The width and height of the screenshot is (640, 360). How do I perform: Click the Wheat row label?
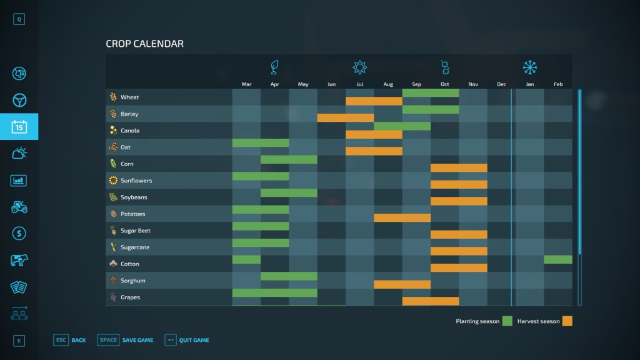(129, 97)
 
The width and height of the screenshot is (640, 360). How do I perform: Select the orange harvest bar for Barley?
(346, 117)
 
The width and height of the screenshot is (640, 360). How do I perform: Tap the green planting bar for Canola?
(402, 126)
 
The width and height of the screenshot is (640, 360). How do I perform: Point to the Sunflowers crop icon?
(113, 181)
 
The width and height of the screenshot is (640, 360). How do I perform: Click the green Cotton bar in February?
(558, 259)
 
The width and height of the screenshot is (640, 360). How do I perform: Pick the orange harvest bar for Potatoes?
(402, 218)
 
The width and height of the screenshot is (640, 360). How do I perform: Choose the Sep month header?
(416, 84)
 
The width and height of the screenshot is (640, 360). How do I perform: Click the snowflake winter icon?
(530, 67)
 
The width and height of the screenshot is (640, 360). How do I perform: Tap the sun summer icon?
(359, 67)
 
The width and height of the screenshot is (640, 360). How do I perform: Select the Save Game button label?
(137, 340)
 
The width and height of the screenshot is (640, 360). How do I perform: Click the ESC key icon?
(61, 340)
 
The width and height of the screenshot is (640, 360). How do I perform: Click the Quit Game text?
(194, 340)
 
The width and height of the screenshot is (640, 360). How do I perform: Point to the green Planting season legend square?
(507, 321)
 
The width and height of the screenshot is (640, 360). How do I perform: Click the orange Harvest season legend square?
(567, 321)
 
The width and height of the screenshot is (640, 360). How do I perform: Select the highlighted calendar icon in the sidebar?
(19, 127)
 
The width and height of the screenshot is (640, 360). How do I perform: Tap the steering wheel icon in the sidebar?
(19, 100)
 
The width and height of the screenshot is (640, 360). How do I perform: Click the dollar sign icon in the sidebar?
(19, 234)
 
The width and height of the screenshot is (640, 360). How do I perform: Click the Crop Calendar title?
(144, 44)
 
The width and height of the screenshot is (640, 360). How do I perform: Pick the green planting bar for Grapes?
(274, 292)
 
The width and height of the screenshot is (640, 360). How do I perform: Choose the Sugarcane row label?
(135, 247)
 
